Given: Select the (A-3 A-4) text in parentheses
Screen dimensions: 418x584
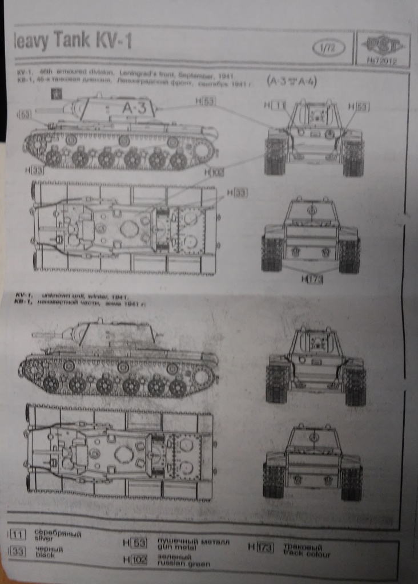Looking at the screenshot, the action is (292, 80).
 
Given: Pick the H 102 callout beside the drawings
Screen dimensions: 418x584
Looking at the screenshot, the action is (215, 172).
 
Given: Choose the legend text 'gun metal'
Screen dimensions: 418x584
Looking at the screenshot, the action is (171, 546).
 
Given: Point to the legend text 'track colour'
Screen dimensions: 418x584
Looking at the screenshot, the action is (307, 554).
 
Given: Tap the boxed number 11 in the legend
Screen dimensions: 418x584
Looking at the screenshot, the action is (18, 535).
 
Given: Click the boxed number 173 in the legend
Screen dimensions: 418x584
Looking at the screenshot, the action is (264, 548).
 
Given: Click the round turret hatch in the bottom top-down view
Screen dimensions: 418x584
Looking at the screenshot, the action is (123, 455).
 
